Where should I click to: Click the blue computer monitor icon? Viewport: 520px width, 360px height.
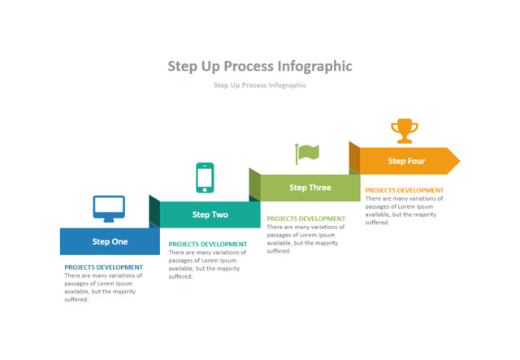(x=109, y=208)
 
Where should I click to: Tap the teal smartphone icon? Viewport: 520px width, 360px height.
(x=205, y=178)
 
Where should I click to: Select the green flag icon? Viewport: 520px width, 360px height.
(x=307, y=153)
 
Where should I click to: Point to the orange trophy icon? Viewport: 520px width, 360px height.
(x=403, y=131)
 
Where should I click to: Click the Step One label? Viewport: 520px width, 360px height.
(x=110, y=241)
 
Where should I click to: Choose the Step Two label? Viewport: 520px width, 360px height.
(x=210, y=215)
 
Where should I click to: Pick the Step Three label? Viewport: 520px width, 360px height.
(x=310, y=188)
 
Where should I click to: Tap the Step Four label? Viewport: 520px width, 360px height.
(x=406, y=161)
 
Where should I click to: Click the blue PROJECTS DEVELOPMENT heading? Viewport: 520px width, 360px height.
(x=103, y=267)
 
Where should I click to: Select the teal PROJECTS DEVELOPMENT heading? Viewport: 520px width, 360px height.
(x=207, y=244)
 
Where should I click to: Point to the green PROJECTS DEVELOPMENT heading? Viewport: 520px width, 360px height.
(x=305, y=219)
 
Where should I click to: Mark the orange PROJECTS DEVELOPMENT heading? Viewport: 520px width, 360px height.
(x=404, y=190)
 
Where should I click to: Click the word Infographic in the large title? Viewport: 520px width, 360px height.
(x=314, y=66)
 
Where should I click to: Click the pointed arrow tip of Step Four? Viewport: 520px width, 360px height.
(x=453, y=161)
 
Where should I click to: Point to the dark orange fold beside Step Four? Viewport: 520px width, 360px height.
(x=354, y=158)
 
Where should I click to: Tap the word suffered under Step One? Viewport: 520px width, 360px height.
(x=76, y=300)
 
